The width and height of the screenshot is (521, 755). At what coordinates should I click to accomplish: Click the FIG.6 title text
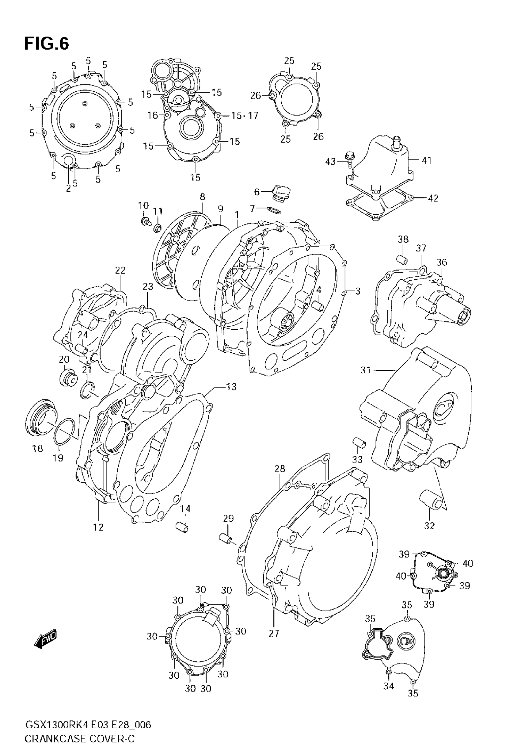tap(47, 44)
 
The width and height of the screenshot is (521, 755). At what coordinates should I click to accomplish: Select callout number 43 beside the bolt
tap(330, 161)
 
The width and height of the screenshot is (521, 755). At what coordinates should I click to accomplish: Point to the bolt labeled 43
tap(349, 158)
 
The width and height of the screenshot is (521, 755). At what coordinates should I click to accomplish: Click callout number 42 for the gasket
tap(433, 198)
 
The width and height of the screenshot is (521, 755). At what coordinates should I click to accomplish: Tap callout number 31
tap(366, 370)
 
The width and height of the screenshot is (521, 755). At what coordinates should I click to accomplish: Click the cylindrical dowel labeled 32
tap(430, 508)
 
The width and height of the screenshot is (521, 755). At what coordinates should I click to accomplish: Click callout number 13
tap(231, 387)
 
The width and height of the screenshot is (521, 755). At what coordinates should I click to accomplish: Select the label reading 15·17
tap(245, 116)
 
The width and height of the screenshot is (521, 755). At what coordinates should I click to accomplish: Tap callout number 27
tap(274, 634)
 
